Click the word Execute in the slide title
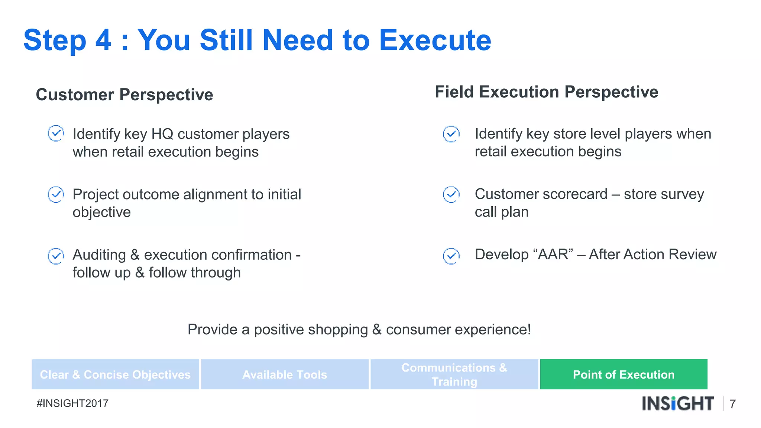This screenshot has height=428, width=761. point(435,40)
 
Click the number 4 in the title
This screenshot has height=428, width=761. point(103,40)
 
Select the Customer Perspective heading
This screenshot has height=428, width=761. point(124,94)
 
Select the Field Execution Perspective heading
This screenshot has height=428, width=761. point(546,92)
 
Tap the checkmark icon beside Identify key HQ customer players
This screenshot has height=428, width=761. point(56,133)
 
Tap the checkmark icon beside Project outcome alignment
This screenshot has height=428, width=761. point(56,194)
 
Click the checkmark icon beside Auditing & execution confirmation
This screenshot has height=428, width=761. point(56,256)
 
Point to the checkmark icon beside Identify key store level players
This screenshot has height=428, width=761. point(451,134)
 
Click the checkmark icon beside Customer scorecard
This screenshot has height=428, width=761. point(451,194)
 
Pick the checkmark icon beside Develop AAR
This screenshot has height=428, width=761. point(451,256)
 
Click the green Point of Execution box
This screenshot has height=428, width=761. point(624,374)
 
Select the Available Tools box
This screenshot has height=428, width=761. point(285,374)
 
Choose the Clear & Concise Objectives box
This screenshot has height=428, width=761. point(115,374)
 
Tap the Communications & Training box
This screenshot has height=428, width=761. point(454,374)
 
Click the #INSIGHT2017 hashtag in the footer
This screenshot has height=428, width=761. point(72,403)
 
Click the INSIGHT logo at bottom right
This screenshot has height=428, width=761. point(677,403)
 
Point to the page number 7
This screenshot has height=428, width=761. point(732,404)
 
